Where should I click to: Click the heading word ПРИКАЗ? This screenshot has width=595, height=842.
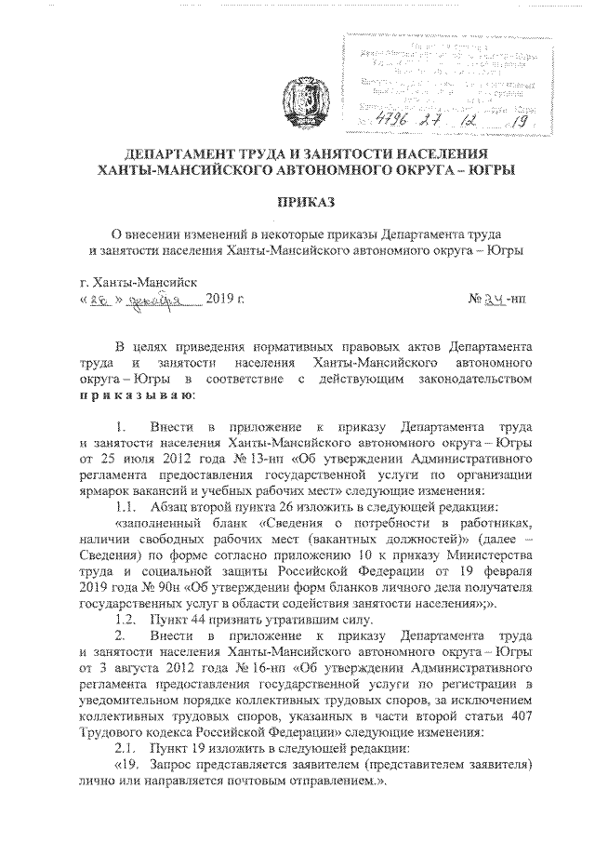pyautogui.click(x=297, y=203)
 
